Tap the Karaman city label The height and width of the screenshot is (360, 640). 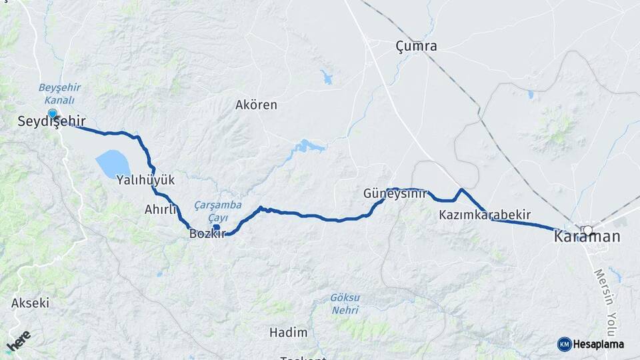pyautogui.click(x=587, y=237)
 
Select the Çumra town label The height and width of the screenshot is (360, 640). pyautogui.click(x=416, y=46)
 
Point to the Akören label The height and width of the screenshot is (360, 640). pyautogui.click(x=256, y=105)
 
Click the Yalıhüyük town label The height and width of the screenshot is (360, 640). pyautogui.click(x=145, y=180)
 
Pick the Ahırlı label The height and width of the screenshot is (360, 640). pyautogui.click(x=161, y=209)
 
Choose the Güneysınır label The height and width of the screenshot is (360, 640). pyautogui.click(x=395, y=193)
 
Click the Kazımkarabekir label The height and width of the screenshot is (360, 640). pyautogui.click(x=485, y=215)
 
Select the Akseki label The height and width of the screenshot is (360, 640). pyautogui.click(x=31, y=303)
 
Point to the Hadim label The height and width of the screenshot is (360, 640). pyautogui.click(x=289, y=332)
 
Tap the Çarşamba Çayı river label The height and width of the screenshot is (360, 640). pyautogui.click(x=218, y=211)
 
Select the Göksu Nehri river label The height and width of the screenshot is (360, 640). pyautogui.click(x=345, y=303)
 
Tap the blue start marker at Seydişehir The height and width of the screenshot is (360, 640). pyautogui.click(x=52, y=114)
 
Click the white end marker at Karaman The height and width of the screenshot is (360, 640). pyautogui.click(x=587, y=231)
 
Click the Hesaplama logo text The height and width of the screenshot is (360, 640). pyautogui.click(x=598, y=344)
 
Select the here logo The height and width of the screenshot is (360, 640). pyautogui.click(x=19, y=342)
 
